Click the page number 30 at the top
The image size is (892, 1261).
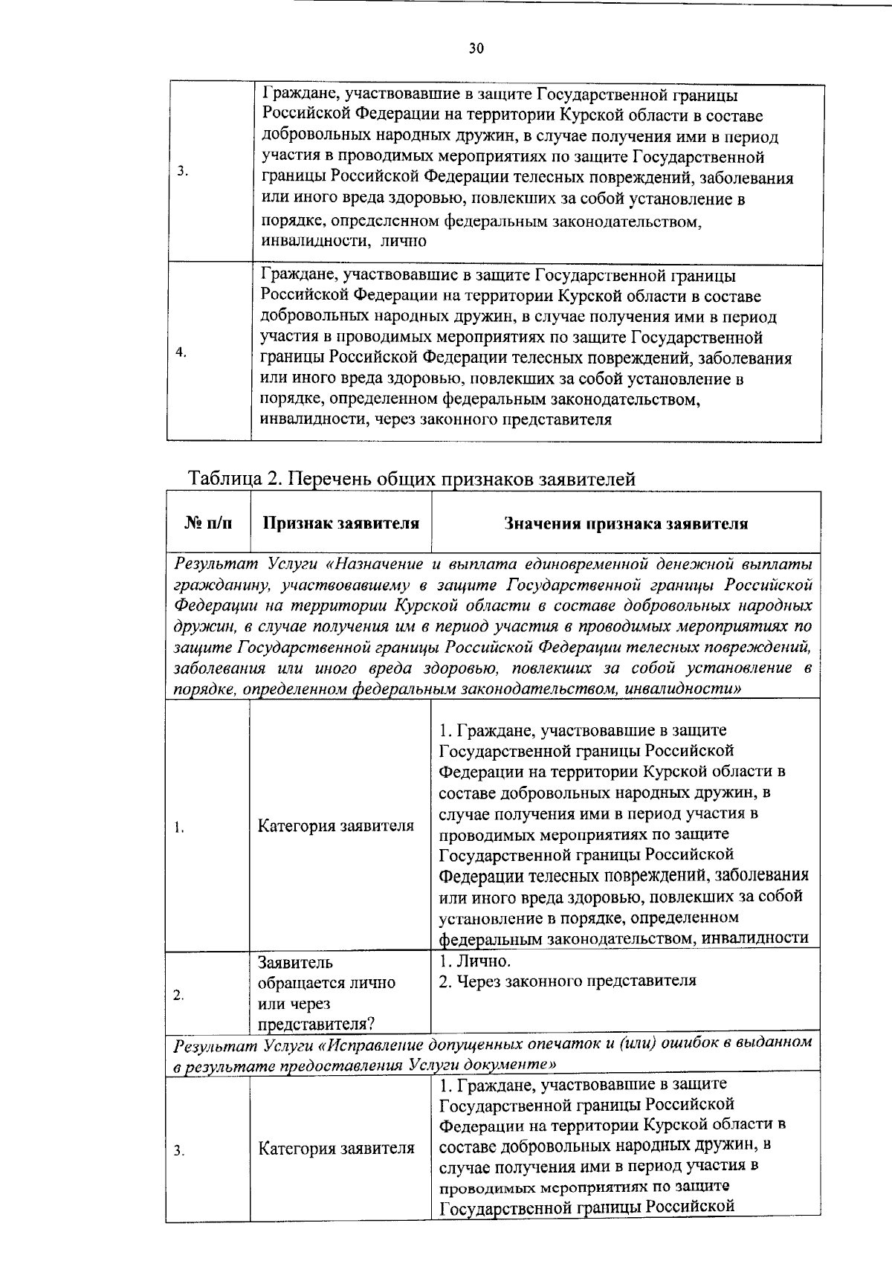click(476, 49)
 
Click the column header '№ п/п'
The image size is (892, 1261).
click(207, 523)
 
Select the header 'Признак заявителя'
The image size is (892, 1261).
click(341, 523)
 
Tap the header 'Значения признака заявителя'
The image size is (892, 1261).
click(626, 523)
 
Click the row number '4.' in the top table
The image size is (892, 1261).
click(181, 352)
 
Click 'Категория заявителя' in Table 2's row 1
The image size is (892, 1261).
click(336, 826)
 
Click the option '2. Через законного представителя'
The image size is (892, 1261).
click(568, 981)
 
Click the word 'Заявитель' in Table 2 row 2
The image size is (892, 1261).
click(295, 963)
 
